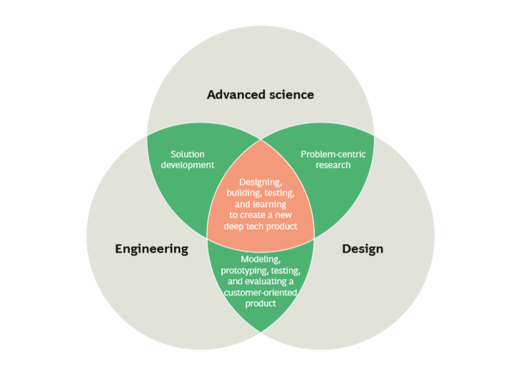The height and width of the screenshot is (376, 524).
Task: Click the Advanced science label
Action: pyautogui.click(x=261, y=94)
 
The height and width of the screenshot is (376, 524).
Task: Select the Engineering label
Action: pyautogui.click(x=151, y=249)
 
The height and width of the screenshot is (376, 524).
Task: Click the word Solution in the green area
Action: pyautogui.click(x=188, y=153)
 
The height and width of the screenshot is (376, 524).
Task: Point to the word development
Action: pyautogui.click(x=188, y=165)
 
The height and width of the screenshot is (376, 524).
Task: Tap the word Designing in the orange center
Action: pyautogui.click(x=261, y=183)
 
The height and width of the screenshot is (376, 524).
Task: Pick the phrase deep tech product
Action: pyautogui.click(x=261, y=226)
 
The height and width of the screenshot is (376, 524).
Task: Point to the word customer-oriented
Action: pyautogui.click(x=260, y=293)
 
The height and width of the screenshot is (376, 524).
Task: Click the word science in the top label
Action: pyautogui.click(x=291, y=94)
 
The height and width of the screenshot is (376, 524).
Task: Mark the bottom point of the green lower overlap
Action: pyautogui.click(x=261, y=332)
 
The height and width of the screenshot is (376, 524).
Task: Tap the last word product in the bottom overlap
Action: pyautogui.click(x=261, y=303)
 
